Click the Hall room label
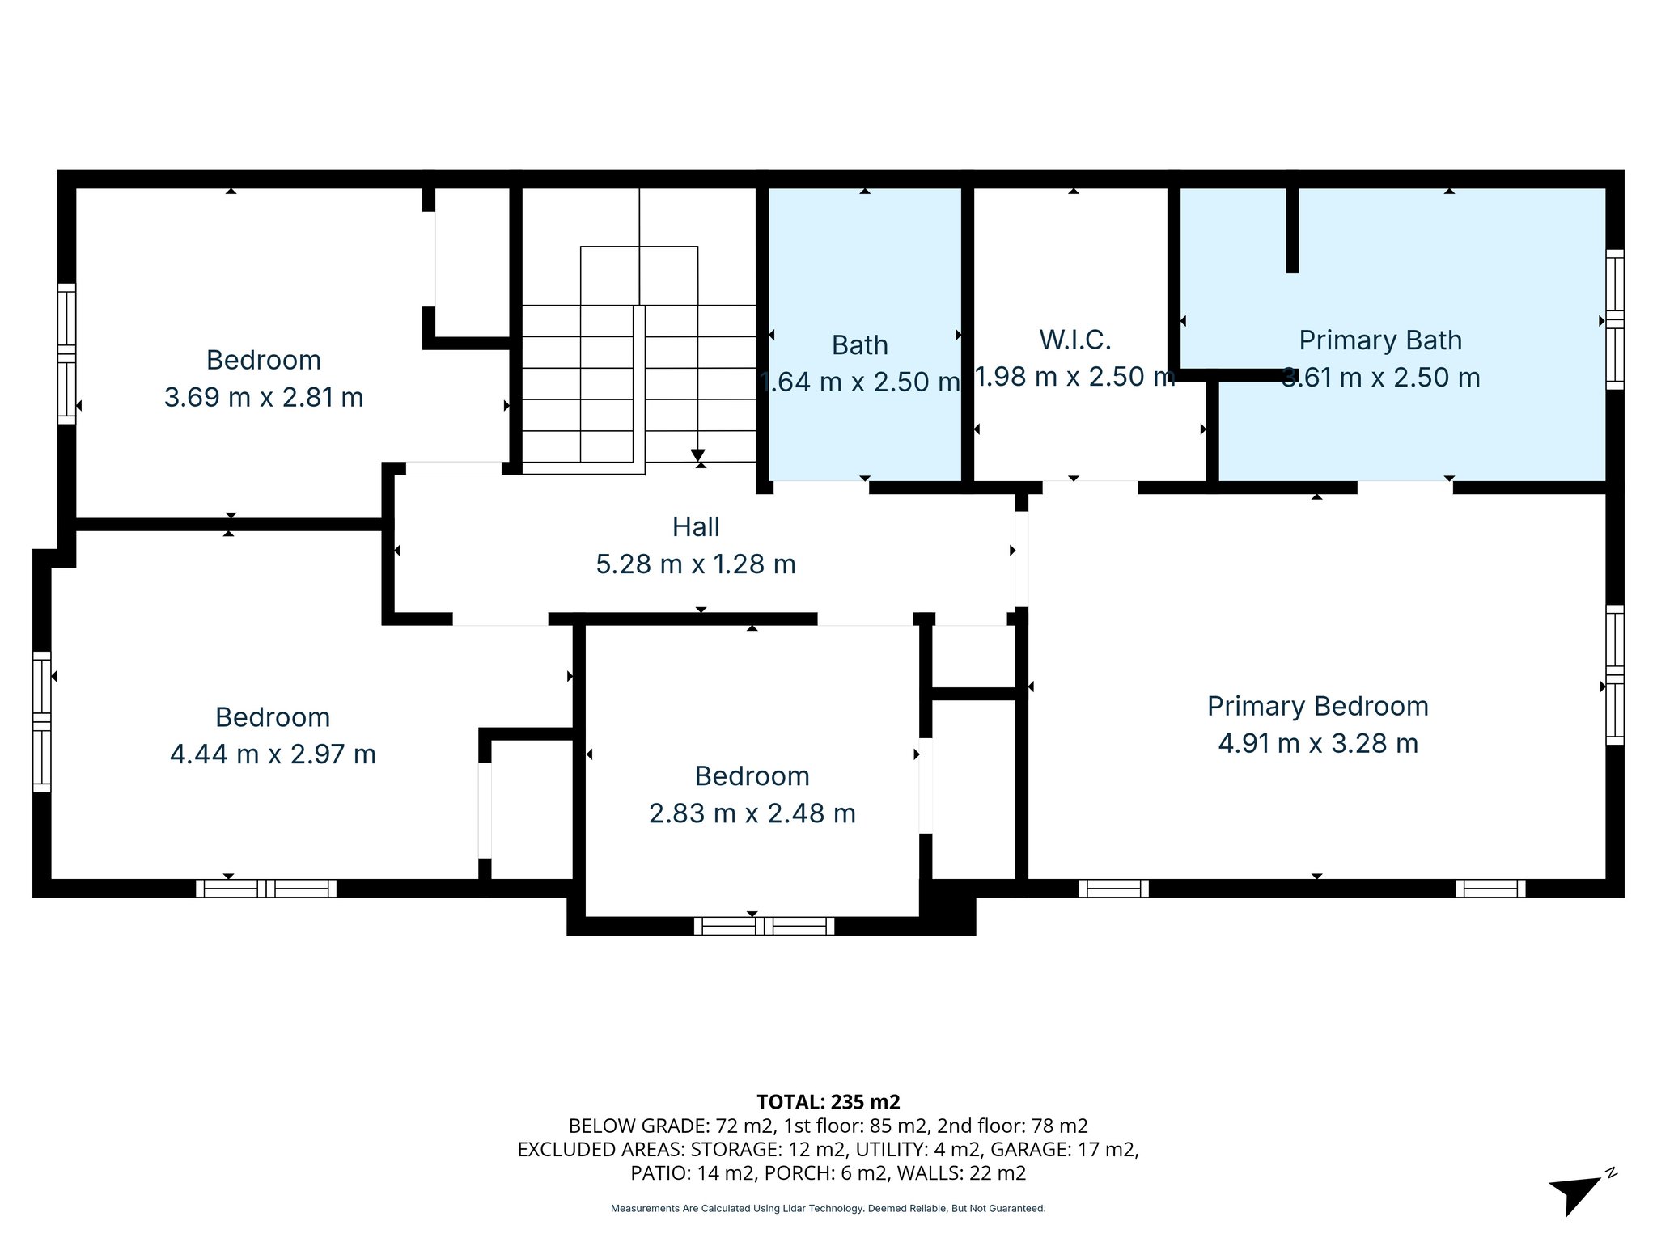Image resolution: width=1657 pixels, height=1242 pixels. pos(696,527)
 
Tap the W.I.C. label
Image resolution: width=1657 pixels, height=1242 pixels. pos(1074,340)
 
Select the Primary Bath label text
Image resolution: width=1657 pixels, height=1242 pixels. pos(1380,340)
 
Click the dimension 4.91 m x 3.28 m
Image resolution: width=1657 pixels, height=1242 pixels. pos(1318,743)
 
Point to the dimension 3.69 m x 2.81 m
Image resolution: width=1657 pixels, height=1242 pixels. pos(264,397)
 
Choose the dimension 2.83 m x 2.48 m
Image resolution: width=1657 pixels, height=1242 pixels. pos(752,813)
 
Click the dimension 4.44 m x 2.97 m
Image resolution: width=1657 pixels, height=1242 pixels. pos(273,754)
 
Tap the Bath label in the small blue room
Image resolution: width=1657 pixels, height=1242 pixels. pos(859,345)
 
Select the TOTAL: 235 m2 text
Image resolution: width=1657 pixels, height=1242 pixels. pos(828,1101)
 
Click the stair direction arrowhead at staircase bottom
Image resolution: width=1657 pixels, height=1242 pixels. pos(698,455)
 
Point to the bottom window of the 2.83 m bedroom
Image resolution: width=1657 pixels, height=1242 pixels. pos(764,925)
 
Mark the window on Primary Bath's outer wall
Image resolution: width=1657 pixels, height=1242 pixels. pos(1614,319)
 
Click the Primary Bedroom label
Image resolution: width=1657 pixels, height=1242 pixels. pos(1317,706)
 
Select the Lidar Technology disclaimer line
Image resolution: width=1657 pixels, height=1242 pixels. pos(828,1208)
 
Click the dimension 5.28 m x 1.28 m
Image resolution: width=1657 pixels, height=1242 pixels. pos(696,564)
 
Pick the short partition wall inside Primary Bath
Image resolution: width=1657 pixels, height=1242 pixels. pos(1292,230)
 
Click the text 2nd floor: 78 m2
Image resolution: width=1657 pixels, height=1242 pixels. pos(1012,1126)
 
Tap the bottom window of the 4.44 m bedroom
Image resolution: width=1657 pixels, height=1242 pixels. pos(266,888)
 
